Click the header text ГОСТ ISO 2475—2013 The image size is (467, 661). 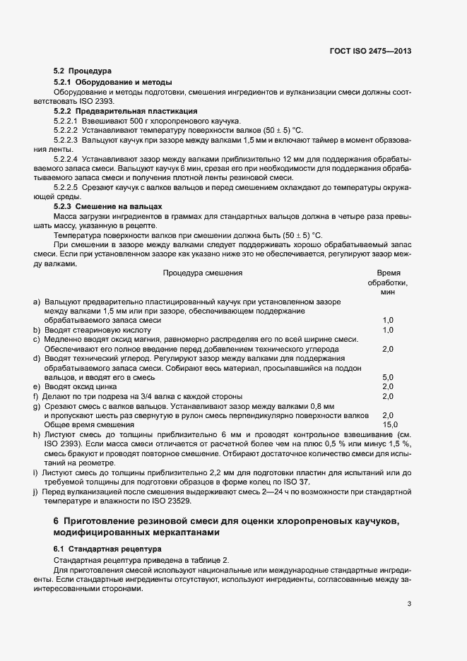coord(370,52)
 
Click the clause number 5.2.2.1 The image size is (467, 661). coord(67,121)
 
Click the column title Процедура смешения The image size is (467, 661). coord(203,272)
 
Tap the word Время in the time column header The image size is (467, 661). coord(389,272)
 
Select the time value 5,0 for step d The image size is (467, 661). coord(388,378)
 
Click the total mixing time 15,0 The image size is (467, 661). coord(388,425)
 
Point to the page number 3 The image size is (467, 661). coord(409,604)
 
